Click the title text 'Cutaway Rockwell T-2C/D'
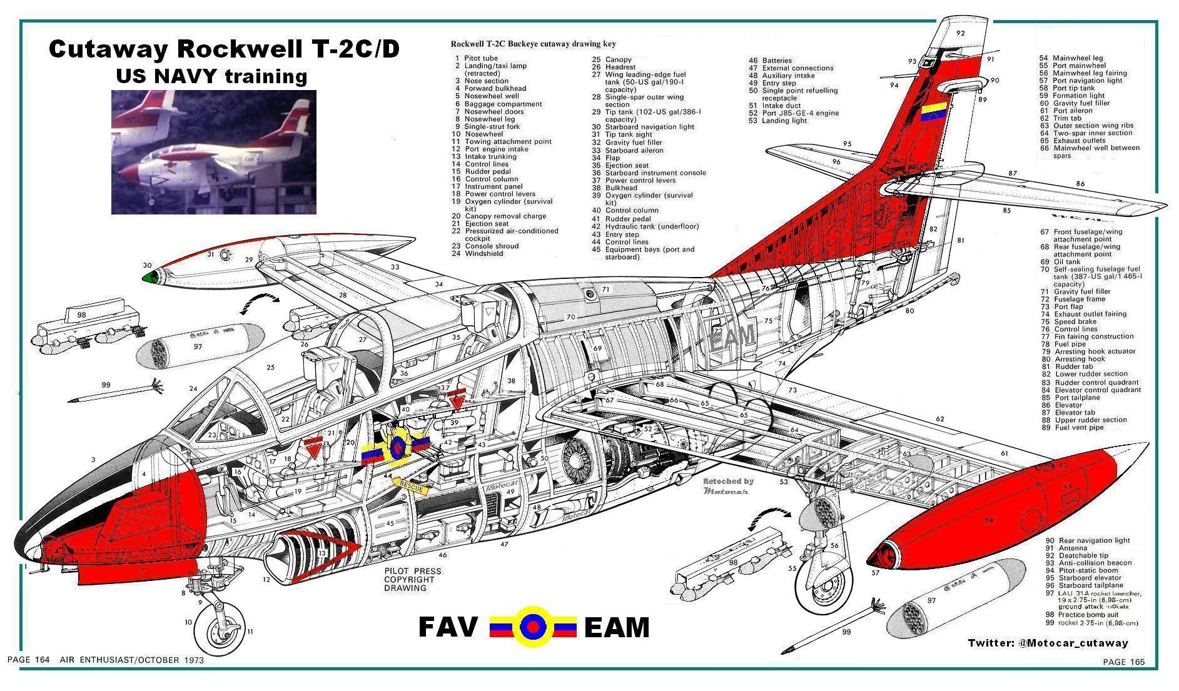[x=224, y=49]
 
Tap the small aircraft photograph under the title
[x=213, y=152]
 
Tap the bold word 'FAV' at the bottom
[x=447, y=627]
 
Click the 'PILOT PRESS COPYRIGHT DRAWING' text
[x=412, y=580]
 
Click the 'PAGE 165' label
[x=1123, y=662]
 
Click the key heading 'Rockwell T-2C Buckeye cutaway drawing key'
[x=533, y=44]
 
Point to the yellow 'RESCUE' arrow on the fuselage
[x=413, y=485]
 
